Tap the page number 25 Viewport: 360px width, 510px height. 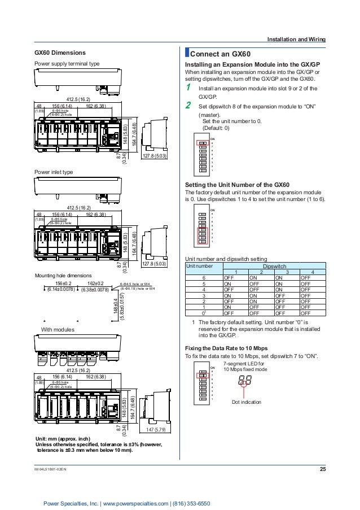[323, 469]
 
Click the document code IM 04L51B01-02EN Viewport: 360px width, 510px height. [56, 469]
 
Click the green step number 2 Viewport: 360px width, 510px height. [190, 105]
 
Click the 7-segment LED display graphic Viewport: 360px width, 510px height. [245, 380]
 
